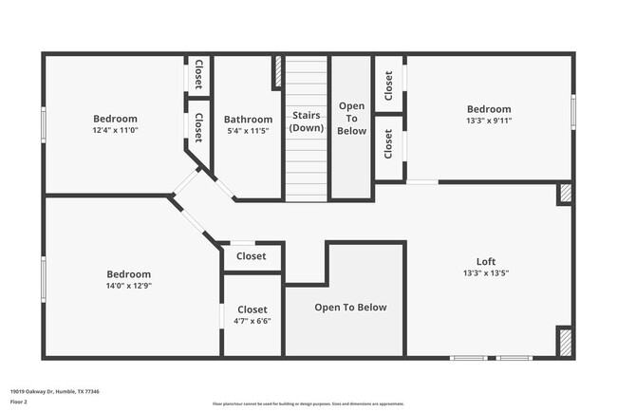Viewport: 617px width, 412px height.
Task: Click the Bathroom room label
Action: [248, 120]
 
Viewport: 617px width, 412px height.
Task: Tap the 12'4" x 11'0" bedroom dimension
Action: [115, 130]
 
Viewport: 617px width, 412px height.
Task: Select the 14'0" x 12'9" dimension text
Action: [128, 286]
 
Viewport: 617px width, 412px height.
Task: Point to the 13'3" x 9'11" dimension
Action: [488, 122]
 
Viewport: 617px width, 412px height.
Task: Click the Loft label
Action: [485, 262]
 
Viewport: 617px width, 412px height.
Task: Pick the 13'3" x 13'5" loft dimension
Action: [485, 273]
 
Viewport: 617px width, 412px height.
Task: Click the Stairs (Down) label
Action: [306, 122]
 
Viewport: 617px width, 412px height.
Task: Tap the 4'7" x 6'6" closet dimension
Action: [252, 321]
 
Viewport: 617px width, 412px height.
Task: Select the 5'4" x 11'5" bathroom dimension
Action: [248, 131]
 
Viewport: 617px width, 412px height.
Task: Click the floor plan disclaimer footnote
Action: [308, 403]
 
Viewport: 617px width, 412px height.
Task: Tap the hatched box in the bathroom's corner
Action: [277, 72]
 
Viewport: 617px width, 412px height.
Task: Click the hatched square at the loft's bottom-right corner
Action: [564, 342]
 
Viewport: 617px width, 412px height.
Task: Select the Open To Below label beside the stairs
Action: [351, 119]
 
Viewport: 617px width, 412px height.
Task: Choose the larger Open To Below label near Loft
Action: [350, 308]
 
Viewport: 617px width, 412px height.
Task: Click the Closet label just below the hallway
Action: [252, 256]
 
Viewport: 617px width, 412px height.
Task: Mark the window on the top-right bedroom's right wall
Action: [573, 111]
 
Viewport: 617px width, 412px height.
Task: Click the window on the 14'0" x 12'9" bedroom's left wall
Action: [43, 279]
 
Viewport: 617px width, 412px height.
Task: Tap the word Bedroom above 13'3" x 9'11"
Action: [488, 109]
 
